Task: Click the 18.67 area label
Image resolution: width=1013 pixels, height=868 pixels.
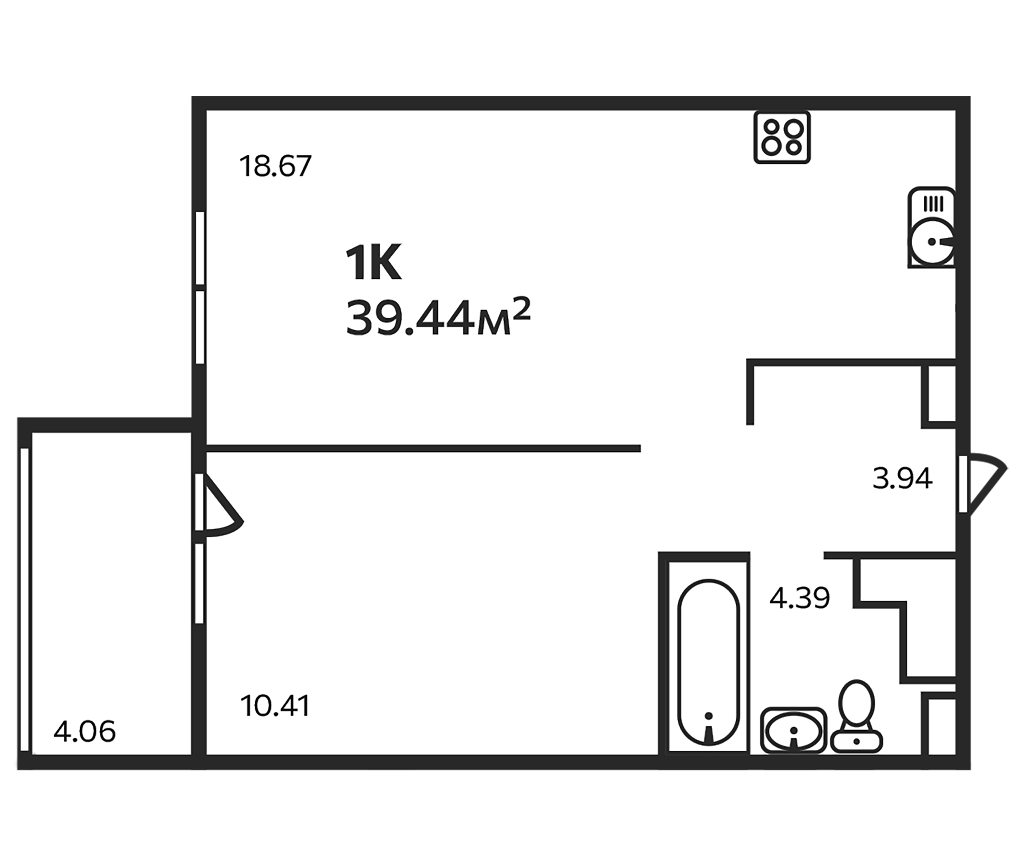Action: tap(275, 166)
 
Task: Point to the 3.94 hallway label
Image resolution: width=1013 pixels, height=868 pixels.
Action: tap(903, 478)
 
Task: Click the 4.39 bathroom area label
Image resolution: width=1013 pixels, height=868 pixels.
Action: tap(800, 598)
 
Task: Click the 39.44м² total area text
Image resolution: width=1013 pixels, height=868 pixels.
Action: tap(438, 318)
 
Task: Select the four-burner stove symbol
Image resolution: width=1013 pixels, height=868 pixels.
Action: tap(782, 137)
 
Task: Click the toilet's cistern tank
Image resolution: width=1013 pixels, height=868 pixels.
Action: tap(857, 741)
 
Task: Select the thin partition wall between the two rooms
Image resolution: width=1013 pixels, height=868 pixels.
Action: tap(423, 448)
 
